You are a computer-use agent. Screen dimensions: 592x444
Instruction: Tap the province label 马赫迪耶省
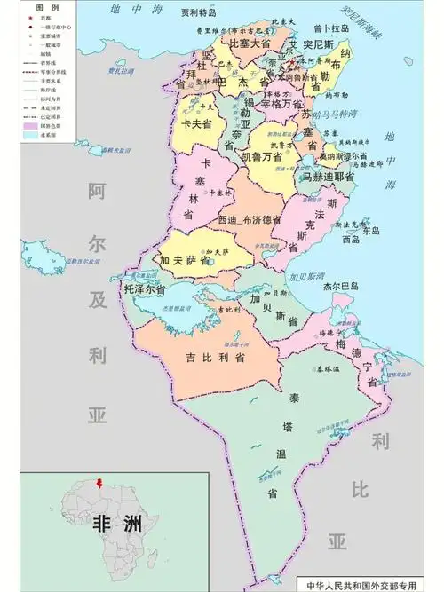[x=329, y=177]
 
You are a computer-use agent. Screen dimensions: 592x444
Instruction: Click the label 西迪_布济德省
[x=250, y=219]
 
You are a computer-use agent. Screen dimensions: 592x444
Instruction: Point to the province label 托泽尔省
[x=145, y=289]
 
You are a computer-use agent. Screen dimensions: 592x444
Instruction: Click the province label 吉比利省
[x=216, y=358]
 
